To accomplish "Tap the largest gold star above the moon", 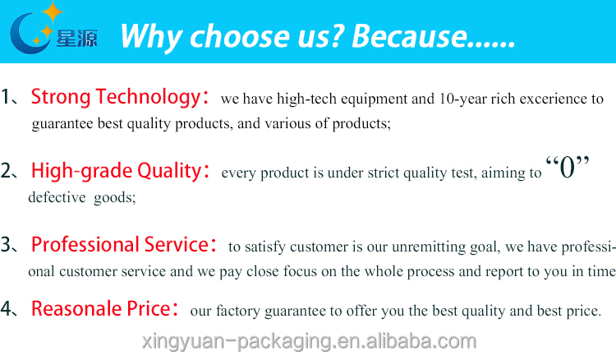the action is [53, 12].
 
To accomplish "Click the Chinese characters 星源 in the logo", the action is [77, 39].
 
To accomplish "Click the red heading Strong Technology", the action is [116, 97].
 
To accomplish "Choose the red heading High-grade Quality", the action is [116, 171].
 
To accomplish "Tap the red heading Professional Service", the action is [119, 244].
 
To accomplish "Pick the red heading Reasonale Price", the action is [100, 308].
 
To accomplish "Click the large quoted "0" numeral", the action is [568, 167].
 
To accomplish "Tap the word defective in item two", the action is [57, 197].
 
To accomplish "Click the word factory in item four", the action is [238, 312].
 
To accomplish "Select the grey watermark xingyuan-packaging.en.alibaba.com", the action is [309, 341].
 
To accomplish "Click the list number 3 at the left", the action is [7, 244].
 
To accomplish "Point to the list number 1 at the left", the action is [6, 97].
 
